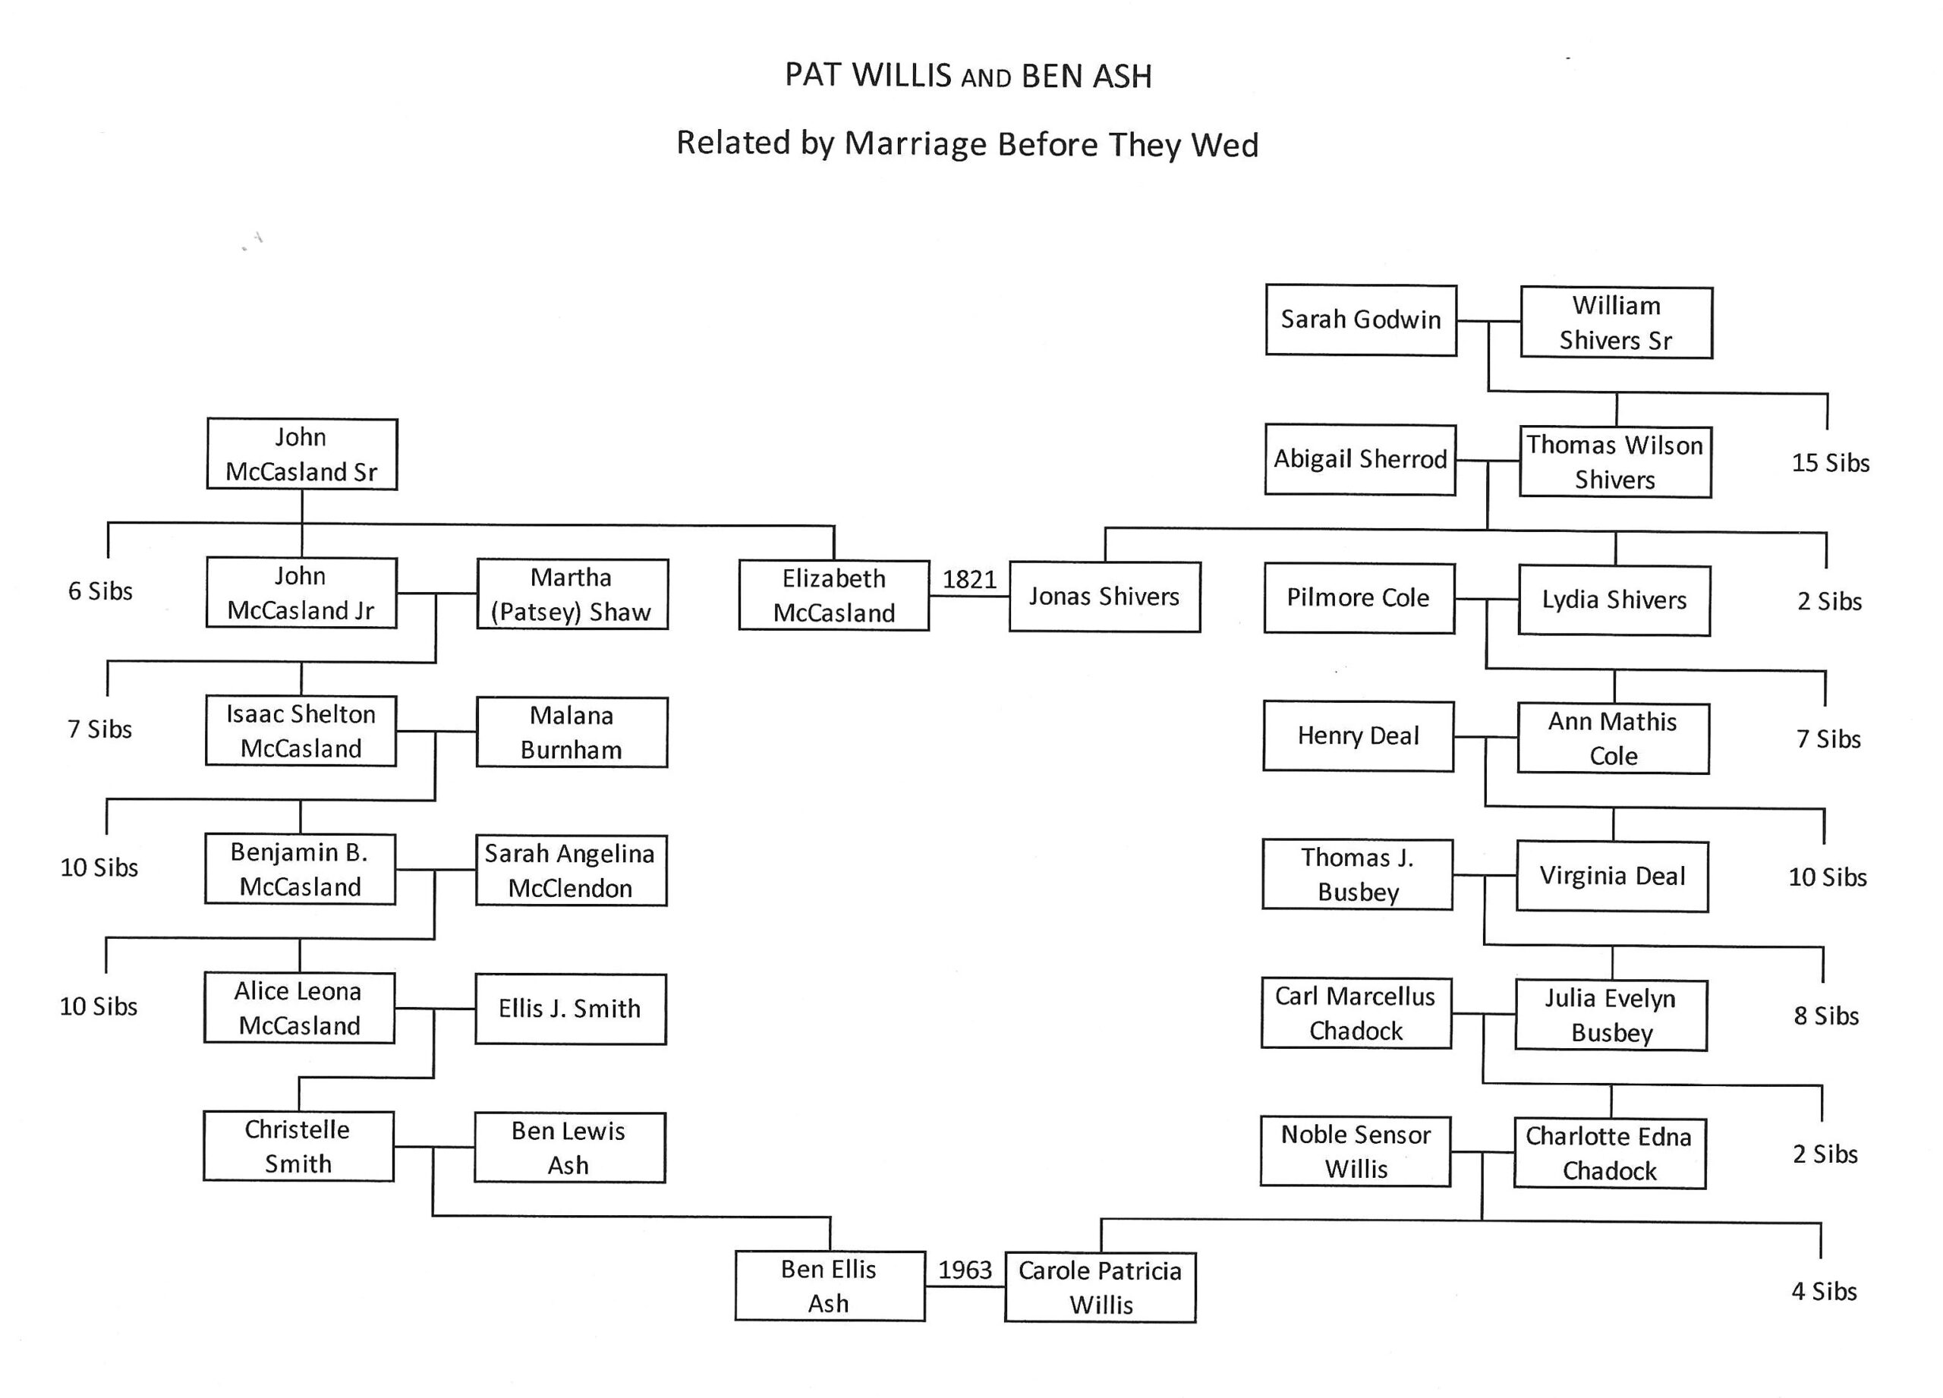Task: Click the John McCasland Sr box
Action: click(x=301, y=454)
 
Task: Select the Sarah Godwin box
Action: click(x=1360, y=320)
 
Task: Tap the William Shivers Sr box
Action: click(x=1616, y=323)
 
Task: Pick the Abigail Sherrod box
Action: click(x=1359, y=459)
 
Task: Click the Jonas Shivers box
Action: click(x=1104, y=597)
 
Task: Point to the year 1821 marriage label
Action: click(x=969, y=580)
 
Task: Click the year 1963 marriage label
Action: click(x=965, y=1270)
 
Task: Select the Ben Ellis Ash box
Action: click(x=830, y=1286)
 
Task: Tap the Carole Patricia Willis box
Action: click(x=1100, y=1287)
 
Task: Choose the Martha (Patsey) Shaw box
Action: click(x=572, y=594)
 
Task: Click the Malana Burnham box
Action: click(x=572, y=732)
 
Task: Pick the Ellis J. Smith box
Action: click(x=570, y=1009)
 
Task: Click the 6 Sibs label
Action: click(x=100, y=591)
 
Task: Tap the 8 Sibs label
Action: click(x=1825, y=1016)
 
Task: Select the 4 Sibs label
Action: click(x=1824, y=1291)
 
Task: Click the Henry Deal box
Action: click(x=1358, y=736)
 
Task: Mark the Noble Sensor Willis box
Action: click(x=1356, y=1151)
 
